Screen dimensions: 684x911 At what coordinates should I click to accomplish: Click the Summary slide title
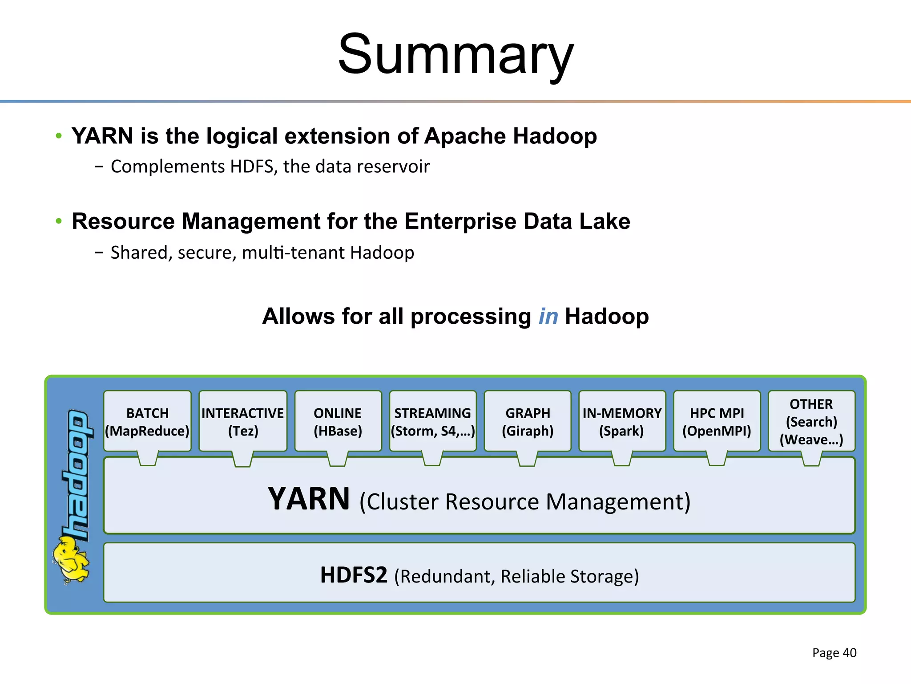(455, 54)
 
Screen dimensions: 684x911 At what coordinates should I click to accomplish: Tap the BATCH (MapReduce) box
(147, 421)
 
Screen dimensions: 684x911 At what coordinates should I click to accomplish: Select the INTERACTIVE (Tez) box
(243, 421)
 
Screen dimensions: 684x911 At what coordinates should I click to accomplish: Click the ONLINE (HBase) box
(338, 421)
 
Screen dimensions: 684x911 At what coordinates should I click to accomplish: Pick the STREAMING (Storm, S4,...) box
(432, 421)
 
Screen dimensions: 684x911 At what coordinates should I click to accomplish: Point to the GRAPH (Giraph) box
(528, 421)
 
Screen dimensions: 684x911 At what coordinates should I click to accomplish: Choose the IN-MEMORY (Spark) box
(622, 421)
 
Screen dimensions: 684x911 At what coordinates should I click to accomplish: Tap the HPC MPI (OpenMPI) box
(717, 421)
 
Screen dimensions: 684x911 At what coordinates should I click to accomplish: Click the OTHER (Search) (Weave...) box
(811, 421)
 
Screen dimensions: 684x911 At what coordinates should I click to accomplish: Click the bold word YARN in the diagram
(309, 499)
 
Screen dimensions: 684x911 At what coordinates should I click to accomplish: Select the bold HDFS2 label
(354, 575)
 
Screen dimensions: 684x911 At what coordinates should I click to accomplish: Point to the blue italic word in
(548, 317)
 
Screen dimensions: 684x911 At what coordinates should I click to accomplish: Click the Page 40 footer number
(834, 653)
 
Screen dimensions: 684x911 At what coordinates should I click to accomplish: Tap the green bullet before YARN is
(59, 135)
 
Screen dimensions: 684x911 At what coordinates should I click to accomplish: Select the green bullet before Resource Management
(59, 221)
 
